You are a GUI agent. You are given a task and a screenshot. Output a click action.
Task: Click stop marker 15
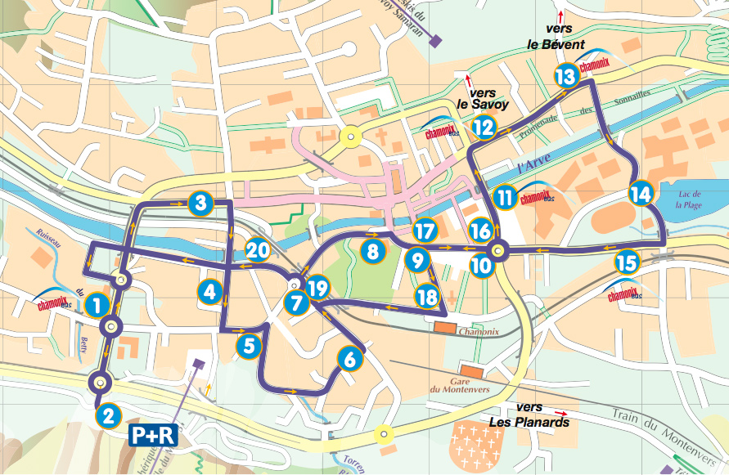pyautogui.click(x=626, y=262)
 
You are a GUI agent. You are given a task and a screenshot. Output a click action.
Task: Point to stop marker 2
pyautogui.click(x=108, y=415)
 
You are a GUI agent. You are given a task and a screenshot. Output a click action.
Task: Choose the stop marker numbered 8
pyautogui.click(x=373, y=251)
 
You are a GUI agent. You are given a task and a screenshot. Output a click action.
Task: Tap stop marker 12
pyautogui.click(x=484, y=127)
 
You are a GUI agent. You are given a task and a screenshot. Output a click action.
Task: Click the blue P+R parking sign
pyautogui.click(x=153, y=432)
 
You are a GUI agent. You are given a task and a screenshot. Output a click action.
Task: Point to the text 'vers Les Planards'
pyautogui.click(x=529, y=415)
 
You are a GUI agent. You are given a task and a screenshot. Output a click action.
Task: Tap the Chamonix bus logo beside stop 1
pyautogui.click(x=54, y=305)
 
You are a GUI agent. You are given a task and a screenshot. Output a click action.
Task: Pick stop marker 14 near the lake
pyautogui.click(x=641, y=194)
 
